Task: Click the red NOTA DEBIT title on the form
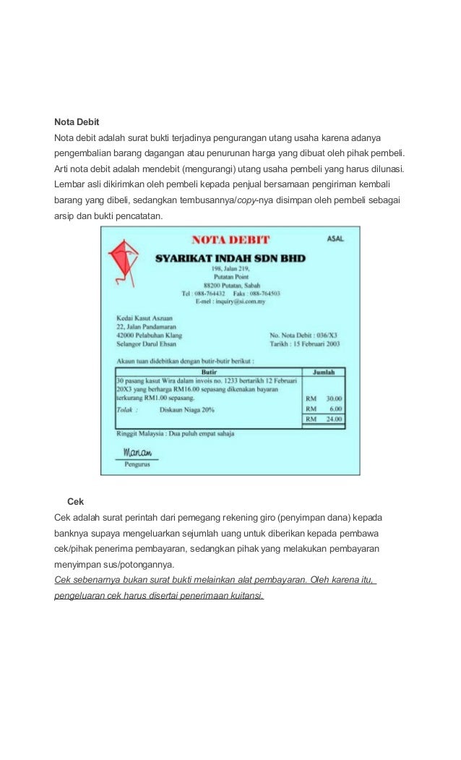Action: [231, 239]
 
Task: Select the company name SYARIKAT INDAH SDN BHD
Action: [231, 258]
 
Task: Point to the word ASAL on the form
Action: [335, 238]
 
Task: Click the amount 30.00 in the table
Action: [334, 398]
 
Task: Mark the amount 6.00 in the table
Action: [335, 409]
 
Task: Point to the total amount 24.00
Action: [334, 419]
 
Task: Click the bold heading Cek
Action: [75, 501]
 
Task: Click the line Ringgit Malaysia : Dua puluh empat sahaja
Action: [175, 433]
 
